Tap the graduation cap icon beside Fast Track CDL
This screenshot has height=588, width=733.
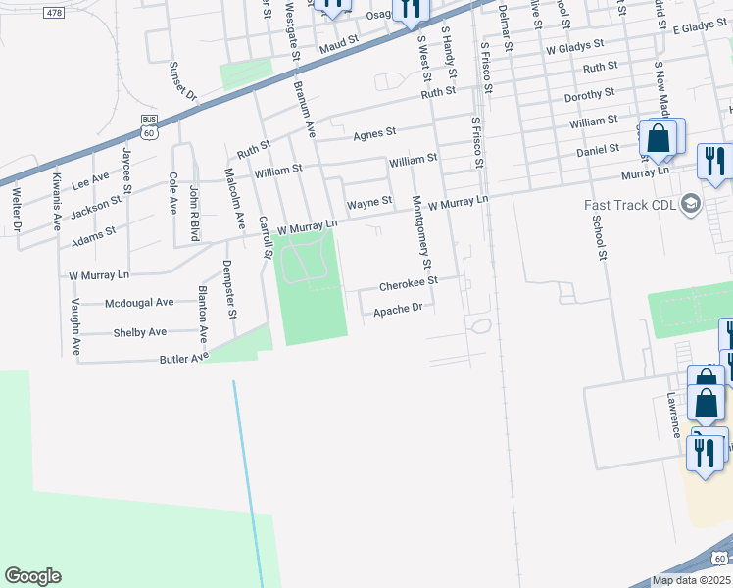tap(690, 204)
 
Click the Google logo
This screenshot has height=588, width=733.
tap(32, 576)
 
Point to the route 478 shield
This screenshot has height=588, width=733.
tap(54, 12)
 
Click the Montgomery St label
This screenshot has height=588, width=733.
tap(421, 231)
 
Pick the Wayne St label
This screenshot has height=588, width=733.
tap(369, 202)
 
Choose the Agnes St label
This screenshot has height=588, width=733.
tap(374, 132)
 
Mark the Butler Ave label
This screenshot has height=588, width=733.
tap(185, 360)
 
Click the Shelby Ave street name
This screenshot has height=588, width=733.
tap(140, 332)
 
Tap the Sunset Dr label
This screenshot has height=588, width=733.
tap(184, 82)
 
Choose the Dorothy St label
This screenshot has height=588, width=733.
tap(589, 97)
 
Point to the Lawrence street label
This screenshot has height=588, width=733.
tap(673, 416)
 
